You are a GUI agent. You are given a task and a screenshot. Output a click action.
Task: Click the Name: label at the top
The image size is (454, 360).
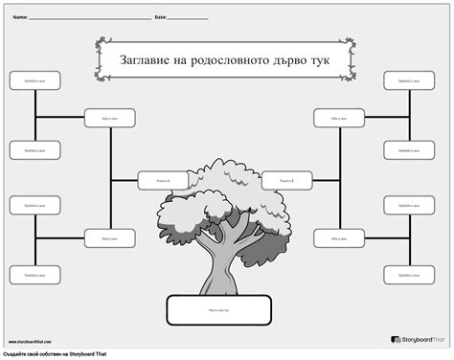click(19, 17)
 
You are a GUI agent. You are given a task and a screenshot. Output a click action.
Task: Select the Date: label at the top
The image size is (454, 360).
click(160, 17)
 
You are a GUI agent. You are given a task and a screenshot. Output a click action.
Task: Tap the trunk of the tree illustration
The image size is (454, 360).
click(216, 263)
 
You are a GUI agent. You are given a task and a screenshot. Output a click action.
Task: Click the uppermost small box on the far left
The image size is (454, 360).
click(35, 81)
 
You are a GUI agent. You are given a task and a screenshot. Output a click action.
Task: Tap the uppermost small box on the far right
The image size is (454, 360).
click(409, 81)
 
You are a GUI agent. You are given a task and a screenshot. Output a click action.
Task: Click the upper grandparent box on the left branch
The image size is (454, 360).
click(109, 118)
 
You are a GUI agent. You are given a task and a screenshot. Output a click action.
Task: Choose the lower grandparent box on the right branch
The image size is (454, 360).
click(339, 237)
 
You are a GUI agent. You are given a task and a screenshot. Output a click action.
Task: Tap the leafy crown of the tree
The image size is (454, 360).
click(216, 196)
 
